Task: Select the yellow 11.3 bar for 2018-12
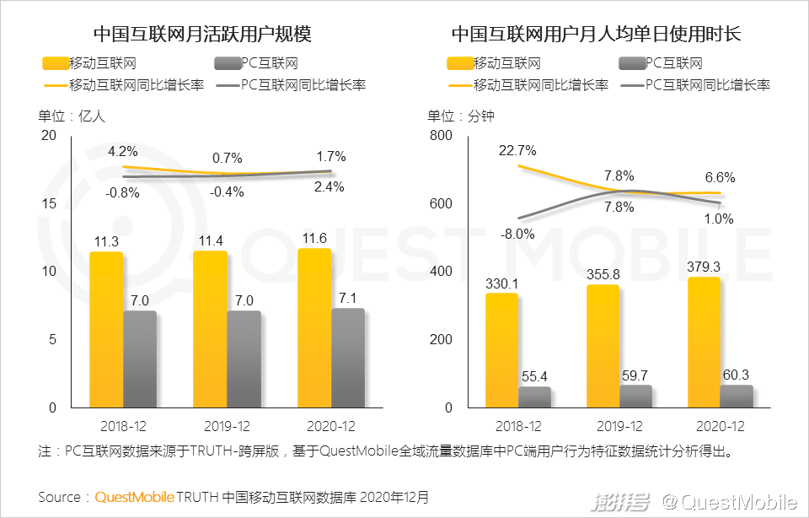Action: [x=106, y=329]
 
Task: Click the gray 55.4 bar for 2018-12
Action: [x=534, y=397]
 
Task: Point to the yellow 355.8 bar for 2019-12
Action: [x=602, y=346]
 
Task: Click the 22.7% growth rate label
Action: [x=517, y=151]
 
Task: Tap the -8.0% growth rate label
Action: [x=517, y=235]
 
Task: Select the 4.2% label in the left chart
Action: [x=123, y=152]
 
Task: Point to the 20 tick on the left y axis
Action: [x=48, y=136]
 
